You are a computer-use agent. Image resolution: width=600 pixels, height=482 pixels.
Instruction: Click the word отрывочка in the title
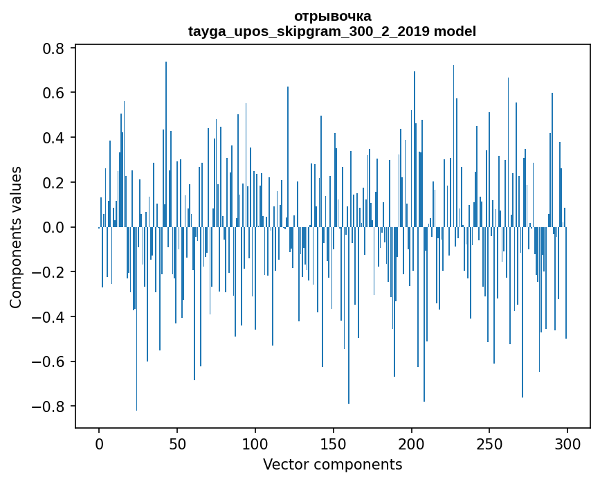[332, 17]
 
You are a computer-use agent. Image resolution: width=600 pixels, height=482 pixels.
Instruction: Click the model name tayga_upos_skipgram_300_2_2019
[309, 31]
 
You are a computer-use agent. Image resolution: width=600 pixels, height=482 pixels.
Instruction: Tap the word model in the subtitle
[455, 31]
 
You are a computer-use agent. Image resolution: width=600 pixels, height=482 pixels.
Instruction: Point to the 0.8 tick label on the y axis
[53, 48]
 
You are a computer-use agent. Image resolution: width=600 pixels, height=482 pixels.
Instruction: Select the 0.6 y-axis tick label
[53, 93]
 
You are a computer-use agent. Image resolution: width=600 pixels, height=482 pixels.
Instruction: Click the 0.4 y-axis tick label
[53, 137]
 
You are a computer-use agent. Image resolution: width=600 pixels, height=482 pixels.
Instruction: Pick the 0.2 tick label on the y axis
[53, 182]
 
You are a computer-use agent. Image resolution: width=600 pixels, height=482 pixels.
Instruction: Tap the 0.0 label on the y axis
[53, 227]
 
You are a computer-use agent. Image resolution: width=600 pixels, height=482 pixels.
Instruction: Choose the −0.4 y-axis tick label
[48, 316]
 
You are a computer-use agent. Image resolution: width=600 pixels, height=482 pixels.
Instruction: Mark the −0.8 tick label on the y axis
[48, 407]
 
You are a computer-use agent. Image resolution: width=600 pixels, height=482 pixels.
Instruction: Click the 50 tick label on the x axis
[177, 445]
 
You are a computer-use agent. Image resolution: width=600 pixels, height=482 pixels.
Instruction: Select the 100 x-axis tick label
[255, 445]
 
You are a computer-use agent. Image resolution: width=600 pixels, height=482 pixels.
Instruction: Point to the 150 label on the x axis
[334, 445]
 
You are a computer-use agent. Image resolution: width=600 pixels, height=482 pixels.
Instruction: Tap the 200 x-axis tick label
[411, 445]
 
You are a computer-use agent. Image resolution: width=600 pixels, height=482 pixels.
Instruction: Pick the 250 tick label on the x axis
[489, 445]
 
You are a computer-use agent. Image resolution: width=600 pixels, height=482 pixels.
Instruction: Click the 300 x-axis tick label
[567, 445]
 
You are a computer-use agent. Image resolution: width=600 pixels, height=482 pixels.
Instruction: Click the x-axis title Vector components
[332, 465]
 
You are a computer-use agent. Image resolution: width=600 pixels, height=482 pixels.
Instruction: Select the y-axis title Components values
[16, 238]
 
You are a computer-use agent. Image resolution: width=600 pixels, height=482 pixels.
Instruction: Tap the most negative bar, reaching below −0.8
[136, 319]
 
